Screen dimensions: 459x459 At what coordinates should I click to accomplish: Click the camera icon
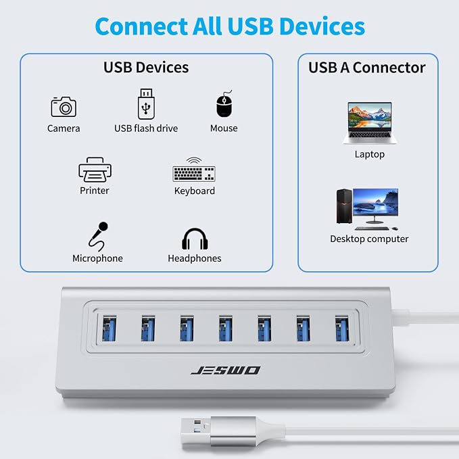64,107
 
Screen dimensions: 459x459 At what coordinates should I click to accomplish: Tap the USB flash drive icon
146,104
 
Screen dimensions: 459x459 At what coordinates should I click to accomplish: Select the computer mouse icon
224,103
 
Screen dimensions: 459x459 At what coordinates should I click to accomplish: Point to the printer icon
95,170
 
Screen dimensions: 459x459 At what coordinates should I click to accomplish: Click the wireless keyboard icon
194,170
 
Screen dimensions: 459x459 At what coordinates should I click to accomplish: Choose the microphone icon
99,237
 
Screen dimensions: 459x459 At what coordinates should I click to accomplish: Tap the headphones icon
195,239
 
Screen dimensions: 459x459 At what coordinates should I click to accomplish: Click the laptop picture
370,123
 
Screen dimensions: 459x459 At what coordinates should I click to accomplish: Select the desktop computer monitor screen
376,202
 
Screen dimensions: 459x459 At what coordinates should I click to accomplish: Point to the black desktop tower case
344,206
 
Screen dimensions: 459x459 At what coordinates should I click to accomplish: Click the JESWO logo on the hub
225,370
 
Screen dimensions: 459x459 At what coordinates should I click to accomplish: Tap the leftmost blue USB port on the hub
110,328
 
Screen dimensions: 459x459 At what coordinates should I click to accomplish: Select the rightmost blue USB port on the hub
342,328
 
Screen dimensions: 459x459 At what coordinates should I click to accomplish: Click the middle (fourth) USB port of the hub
226,328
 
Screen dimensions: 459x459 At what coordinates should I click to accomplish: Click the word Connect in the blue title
141,26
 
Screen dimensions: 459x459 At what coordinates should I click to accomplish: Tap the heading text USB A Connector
367,68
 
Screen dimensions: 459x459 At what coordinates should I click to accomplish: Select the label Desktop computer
369,239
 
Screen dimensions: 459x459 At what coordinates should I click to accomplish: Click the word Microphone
97,258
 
